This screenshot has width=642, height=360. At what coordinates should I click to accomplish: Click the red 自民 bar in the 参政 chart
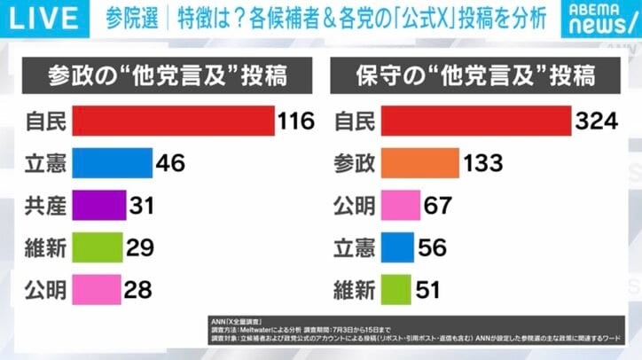173,121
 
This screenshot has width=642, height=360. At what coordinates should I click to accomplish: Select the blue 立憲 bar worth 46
112,163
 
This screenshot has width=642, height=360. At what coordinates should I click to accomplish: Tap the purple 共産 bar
98,206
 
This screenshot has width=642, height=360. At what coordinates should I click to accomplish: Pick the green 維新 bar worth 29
98,247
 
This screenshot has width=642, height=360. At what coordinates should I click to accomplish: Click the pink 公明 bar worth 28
96,289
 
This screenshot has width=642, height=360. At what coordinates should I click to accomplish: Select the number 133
483,163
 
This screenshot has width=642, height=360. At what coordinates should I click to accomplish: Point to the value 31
141,206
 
